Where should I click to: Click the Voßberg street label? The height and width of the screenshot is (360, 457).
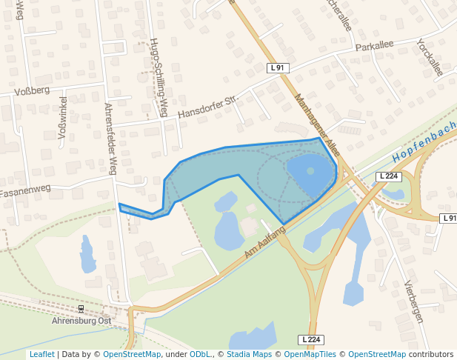(32, 91)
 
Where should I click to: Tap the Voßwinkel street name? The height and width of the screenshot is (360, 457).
(62, 118)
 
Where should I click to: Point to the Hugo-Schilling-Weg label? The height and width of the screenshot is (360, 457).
(158, 77)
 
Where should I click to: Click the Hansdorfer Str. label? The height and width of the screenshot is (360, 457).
(210, 107)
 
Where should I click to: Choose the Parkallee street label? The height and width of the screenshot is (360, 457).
(374, 46)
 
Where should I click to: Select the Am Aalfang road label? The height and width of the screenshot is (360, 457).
(265, 244)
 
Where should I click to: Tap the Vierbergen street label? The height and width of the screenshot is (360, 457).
(414, 301)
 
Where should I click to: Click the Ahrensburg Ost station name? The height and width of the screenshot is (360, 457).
(81, 321)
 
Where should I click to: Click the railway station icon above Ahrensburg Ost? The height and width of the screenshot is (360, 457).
(81, 308)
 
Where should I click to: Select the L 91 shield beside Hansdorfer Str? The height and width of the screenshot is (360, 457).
(277, 67)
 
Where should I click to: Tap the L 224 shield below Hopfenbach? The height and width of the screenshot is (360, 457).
(388, 176)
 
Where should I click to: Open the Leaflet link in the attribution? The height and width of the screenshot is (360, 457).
(41, 354)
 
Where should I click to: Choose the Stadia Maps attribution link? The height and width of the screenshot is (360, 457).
(250, 354)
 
